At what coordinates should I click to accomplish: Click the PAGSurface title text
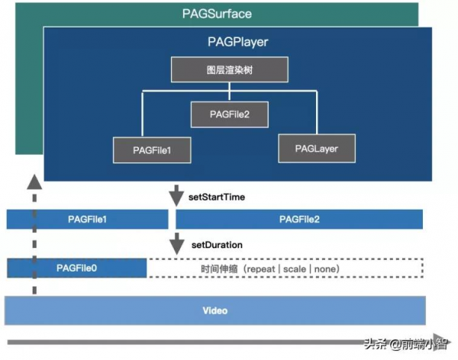217,14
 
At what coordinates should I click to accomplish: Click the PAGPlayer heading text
237,42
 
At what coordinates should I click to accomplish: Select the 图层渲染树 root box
229,70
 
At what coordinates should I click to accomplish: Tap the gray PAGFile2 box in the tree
230,114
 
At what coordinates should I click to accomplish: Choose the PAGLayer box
317,147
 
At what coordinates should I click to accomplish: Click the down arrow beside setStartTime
177,196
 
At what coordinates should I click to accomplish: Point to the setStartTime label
216,197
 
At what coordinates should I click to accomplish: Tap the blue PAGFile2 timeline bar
299,220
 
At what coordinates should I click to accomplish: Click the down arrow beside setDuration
177,245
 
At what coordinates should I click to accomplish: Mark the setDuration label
216,245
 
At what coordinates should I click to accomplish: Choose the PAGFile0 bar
76,268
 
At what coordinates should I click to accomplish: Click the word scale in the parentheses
296,269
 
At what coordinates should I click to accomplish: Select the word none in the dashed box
325,269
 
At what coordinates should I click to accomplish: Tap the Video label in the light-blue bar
214,311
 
